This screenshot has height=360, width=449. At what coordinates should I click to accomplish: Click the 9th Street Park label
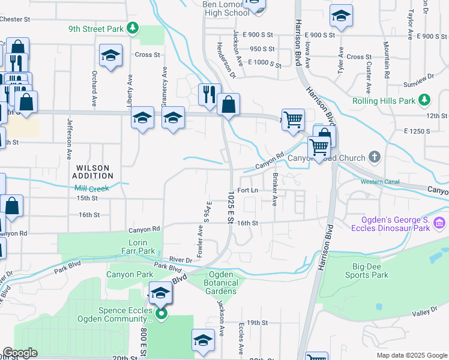pos(96,28)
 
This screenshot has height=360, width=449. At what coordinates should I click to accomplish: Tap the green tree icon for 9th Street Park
pos(134,28)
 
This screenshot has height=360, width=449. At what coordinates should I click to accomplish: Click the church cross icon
pos(375,158)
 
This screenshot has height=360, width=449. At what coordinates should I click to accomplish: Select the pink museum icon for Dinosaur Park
pos(439,223)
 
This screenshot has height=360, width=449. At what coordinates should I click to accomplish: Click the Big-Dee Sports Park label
pos(367,271)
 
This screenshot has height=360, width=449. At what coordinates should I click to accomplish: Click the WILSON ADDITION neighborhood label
pos(93,172)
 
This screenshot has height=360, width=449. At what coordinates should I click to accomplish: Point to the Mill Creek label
pos(92,188)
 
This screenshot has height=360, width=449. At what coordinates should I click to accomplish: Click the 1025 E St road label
pos(231,207)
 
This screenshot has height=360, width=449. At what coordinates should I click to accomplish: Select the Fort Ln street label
pos(247,190)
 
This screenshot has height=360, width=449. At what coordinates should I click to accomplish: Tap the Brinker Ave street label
pos(275,190)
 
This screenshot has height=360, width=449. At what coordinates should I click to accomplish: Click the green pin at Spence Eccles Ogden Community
pos(161,314)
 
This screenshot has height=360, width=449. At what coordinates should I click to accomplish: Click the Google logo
pos(20,353)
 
